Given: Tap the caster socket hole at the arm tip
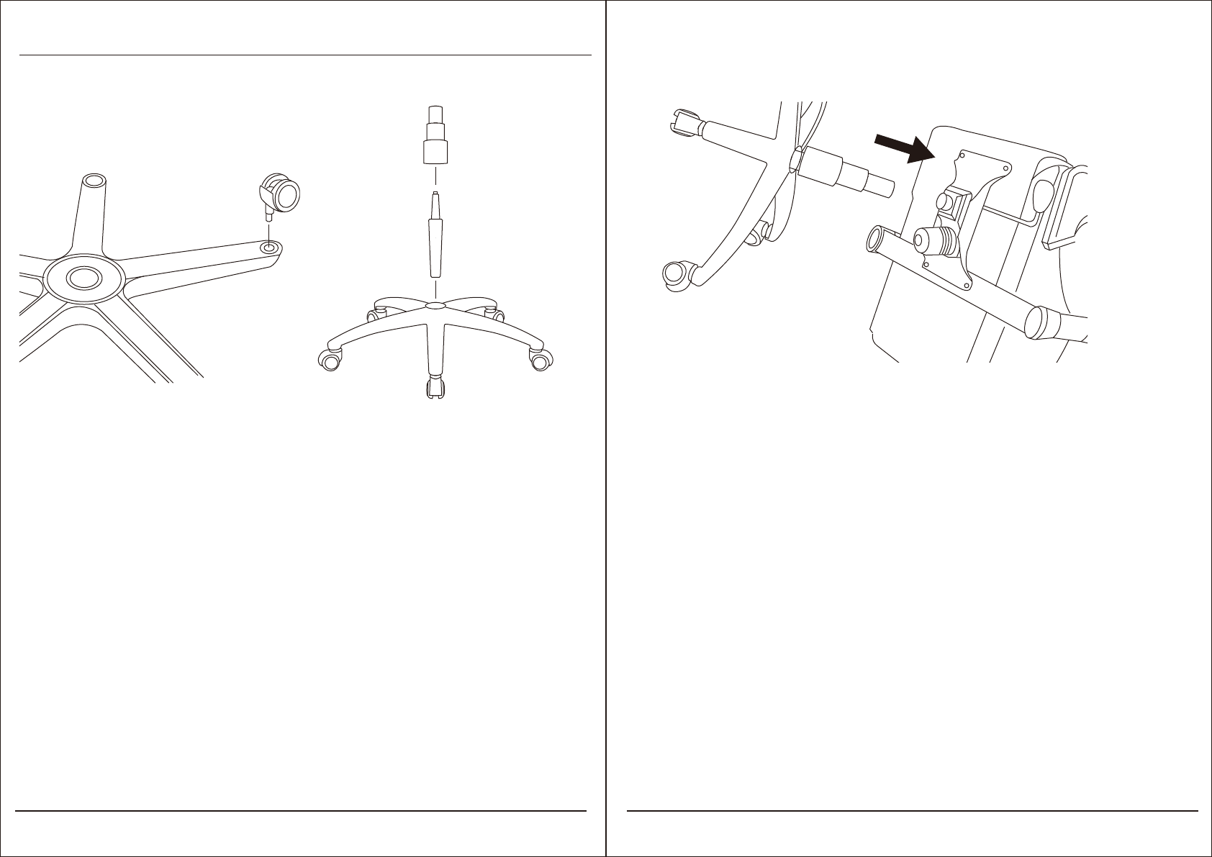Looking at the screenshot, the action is [x=269, y=247].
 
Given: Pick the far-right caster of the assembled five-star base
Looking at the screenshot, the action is [x=541, y=359].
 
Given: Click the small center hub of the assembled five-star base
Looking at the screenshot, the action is [x=435, y=306].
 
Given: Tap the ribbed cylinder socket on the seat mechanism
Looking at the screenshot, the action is [x=936, y=242].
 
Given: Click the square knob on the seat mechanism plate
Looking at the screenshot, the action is [x=951, y=203].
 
